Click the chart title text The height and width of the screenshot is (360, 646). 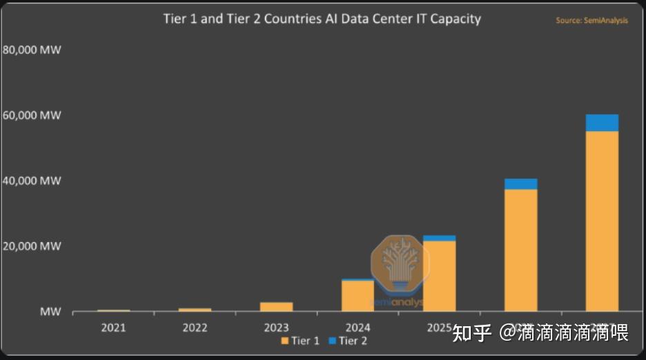point(322,19)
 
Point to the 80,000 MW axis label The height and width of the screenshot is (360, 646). point(32,50)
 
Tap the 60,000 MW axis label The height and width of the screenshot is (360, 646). point(32,115)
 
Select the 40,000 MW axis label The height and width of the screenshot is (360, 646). point(32,181)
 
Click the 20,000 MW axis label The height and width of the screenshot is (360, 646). point(32,246)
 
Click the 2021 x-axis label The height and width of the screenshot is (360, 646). point(113,328)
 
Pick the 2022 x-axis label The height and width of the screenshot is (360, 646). point(195,328)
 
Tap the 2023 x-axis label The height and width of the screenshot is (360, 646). point(276,328)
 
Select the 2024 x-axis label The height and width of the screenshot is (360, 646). point(358,328)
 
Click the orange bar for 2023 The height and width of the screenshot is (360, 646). point(276,307)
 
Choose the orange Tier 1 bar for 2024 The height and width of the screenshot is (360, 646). point(358,297)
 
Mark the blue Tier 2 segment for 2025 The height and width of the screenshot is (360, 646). point(439,238)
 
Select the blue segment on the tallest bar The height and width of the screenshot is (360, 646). point(602,123)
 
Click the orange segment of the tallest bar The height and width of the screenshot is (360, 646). point(602,221)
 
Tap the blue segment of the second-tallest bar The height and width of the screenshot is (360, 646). point(520,184)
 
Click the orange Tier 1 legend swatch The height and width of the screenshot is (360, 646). point(285,341)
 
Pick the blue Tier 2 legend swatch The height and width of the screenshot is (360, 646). point(332,341)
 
